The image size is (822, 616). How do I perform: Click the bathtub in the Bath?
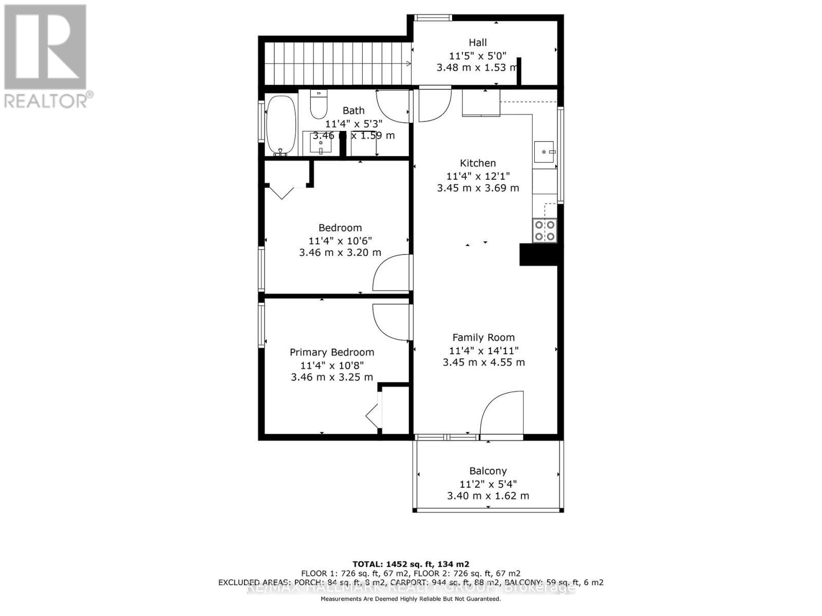[x=281, y=125]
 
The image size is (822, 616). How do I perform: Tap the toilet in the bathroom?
[x=319, y=105]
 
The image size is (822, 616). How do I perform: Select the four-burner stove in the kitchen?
[x=545, y=230]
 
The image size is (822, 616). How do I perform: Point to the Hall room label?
[x=477, y=43]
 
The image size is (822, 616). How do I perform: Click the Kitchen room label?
[x=477, y=163]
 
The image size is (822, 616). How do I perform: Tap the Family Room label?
[x=483, y=337]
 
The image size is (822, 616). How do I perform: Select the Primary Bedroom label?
[x=331, y=352]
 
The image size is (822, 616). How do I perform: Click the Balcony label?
[x=488, y=471]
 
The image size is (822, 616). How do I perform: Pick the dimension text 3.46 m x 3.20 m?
[x=340, y=253]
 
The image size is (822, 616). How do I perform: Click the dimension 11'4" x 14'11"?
[x=483, y=350]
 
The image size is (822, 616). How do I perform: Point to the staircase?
[x=337, y=63]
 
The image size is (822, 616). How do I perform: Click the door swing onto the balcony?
[x=501, y=413]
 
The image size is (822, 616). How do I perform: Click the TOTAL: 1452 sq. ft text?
[x=410, y=564]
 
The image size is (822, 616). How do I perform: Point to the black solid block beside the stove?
[x=538, y=255]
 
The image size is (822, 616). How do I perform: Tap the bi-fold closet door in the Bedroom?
[x=282, y=192]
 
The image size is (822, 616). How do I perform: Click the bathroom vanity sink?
[x=321, y=143]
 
